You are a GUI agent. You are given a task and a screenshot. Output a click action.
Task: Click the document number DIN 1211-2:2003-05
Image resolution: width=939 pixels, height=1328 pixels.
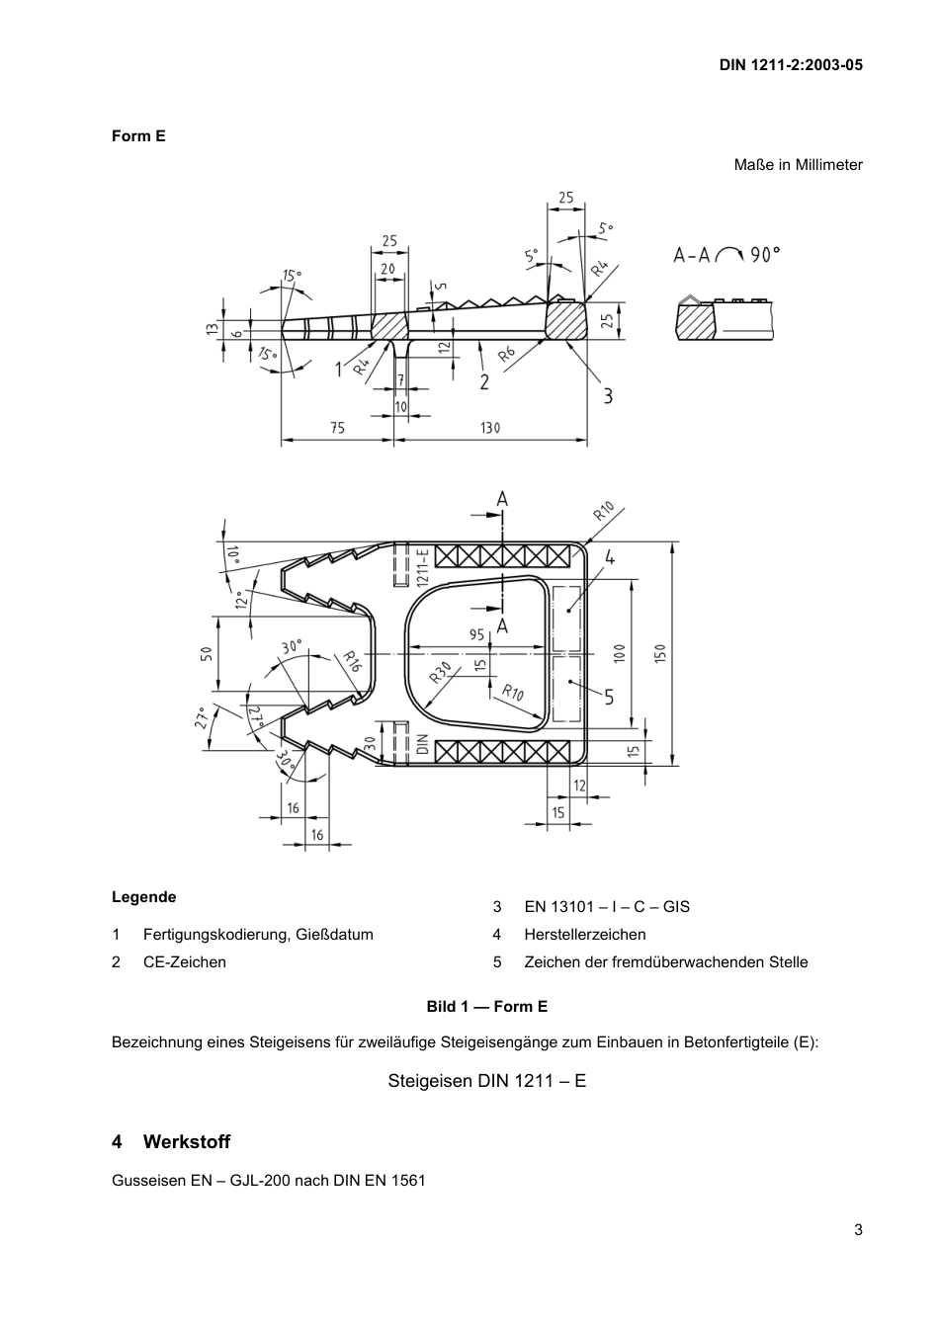(790, 65)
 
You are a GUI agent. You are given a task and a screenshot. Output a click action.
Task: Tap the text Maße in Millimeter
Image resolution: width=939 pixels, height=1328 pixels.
(798, 165)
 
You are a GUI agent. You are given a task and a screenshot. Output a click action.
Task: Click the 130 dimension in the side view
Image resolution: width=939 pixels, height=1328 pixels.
(490, 428)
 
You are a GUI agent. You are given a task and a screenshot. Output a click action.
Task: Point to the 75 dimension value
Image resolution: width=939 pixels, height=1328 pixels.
(337, 428)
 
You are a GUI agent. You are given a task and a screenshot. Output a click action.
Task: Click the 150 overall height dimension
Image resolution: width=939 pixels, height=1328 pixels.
(660, 654)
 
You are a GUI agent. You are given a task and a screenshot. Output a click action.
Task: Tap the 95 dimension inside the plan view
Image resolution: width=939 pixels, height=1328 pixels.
(476, 635)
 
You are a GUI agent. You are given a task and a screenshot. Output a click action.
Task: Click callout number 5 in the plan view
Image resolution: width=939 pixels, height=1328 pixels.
(609, 697)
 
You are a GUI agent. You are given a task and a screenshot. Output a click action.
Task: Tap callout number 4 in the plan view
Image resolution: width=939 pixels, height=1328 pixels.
(610, 557)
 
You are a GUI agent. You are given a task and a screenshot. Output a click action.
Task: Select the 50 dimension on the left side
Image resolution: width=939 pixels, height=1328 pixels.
(208, 654)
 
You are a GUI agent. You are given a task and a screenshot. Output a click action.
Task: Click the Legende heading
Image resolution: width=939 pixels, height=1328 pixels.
(143, 897)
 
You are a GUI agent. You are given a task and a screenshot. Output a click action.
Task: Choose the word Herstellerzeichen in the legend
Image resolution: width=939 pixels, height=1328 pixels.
(585, 935)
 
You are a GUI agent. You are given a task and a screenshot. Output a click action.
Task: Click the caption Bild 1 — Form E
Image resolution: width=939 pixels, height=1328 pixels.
(486, 1006)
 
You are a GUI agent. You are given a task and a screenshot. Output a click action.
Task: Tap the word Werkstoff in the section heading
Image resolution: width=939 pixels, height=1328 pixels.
(186, 1142)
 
